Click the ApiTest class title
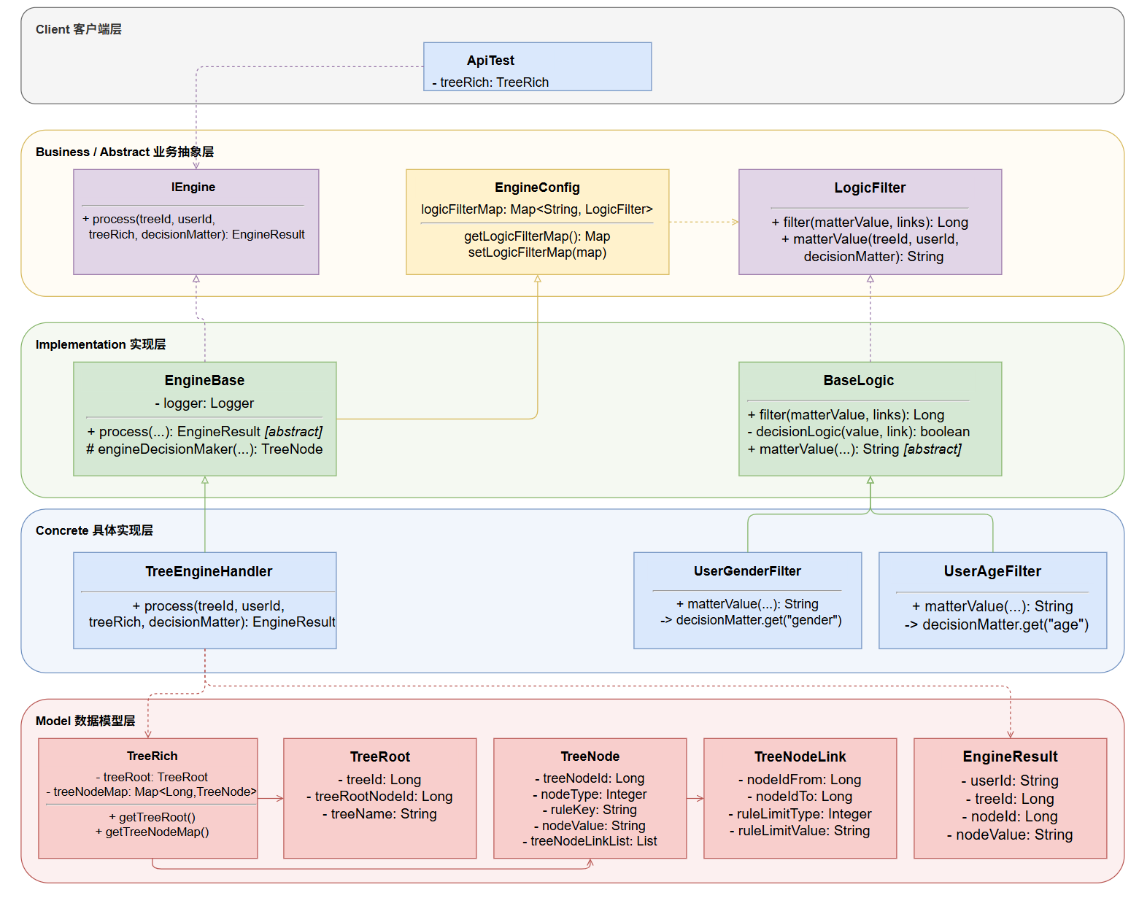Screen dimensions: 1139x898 pos(490,61)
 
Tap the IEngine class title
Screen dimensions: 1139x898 pos(193,187)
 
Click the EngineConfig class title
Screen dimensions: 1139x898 pos(537,187)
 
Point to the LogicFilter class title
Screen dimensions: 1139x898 pos(869,187)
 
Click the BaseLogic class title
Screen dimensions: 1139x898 pos(858,380)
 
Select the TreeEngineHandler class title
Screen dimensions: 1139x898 pos(209,571)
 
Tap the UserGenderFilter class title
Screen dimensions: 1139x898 pos(746,570)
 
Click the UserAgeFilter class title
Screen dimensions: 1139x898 pos(992,571)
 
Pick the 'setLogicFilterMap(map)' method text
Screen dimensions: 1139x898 pos(537,252)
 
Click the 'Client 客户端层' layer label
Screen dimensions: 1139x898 pos(78,29)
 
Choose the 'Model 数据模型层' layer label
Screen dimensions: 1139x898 pos(85,720)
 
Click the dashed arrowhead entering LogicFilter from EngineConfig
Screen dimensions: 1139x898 pos(735,222)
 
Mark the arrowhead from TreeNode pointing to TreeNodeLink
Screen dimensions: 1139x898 pos(700,798)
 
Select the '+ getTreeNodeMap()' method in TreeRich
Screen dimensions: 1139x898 pos(152,832)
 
